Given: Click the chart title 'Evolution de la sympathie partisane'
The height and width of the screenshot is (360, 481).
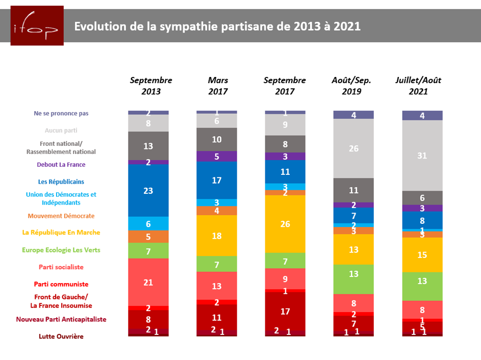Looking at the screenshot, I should point(217,26).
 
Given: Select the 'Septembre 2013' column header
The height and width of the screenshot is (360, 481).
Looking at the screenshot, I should point(151,86).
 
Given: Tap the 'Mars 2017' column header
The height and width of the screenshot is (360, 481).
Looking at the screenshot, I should point(218,86).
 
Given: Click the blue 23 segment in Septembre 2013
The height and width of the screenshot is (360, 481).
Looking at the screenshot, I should point(148,190).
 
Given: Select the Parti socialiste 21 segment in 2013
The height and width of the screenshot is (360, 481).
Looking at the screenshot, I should point(148,282).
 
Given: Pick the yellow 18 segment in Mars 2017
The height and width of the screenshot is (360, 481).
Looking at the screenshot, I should point(216,235).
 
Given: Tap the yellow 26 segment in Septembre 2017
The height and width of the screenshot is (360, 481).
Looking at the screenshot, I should point(285,224).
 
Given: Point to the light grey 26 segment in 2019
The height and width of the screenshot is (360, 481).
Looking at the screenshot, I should point(353,148).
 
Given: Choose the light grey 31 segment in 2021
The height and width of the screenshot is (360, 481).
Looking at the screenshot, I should point(422,156).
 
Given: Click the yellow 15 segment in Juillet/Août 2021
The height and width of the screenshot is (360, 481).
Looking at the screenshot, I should point(422,254).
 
